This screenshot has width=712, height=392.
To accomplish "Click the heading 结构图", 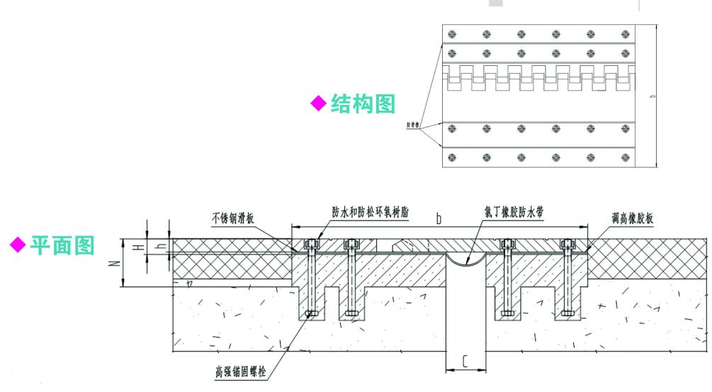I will [x=363, y=104].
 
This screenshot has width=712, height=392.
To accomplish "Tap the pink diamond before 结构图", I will [x=320, y=104].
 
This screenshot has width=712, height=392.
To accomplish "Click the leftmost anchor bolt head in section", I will [x=312, y=245].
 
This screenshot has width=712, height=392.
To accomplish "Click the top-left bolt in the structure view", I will [x=453, y=34].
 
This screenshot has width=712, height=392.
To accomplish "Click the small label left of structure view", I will [x=415, y=126].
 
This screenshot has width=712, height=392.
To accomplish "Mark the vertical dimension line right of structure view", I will [x=656, y=96].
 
